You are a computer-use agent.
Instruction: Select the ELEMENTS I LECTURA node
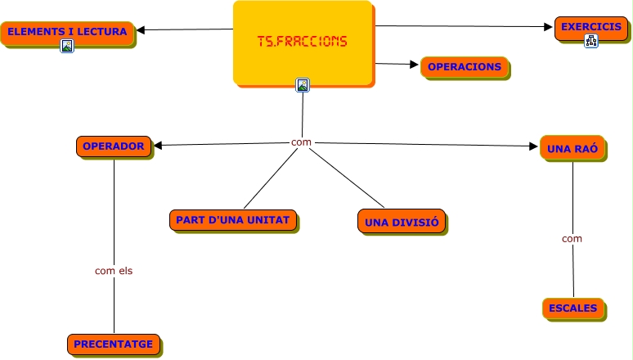(67, 33)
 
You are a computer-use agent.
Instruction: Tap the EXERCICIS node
(590, 27)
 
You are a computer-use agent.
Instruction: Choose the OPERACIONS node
(465, 66)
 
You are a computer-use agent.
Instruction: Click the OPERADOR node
(114, 146)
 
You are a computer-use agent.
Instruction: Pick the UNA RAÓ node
(572, 148)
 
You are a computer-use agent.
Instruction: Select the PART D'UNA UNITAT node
(233, 219)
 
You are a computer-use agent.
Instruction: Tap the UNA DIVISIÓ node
(402, 221)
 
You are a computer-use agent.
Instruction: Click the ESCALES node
(572, 308)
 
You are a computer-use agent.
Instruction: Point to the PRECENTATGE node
(113, 344)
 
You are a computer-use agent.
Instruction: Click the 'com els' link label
(114, 270)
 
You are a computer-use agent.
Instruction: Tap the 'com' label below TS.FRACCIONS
(301, 142)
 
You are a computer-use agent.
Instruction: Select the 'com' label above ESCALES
(572, 239)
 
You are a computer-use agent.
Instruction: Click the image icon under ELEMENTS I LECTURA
(67, 47)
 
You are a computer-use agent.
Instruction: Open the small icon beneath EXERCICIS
(590, 42)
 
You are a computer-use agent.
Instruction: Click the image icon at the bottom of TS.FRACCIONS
(303, 84)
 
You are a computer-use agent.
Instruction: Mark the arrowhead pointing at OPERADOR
(159, 146)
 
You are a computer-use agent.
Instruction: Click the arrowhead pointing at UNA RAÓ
(534, 146)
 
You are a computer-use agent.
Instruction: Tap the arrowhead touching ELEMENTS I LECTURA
(141, 30)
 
